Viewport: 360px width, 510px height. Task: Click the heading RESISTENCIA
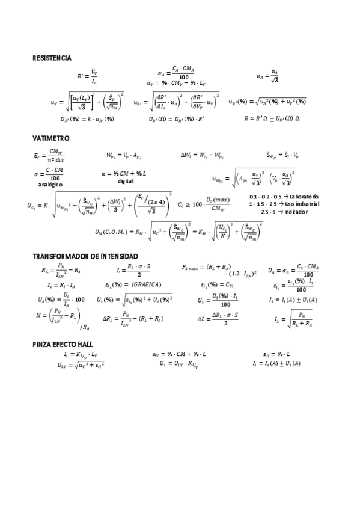pyautogui.click(x=52, y=58)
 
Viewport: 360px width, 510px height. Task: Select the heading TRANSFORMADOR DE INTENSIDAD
pyautogui.click(x=85, y=256)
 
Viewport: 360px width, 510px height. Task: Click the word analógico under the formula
pyautogui.click(x=55, y=184)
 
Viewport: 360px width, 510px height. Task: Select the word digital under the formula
pyautogui.click(x=126, y=180)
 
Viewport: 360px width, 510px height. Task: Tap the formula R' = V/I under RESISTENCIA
pyautogui.click(x=88, y=76)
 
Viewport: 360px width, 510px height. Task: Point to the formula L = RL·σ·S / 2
pyautogui.click(x=134, y=269)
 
